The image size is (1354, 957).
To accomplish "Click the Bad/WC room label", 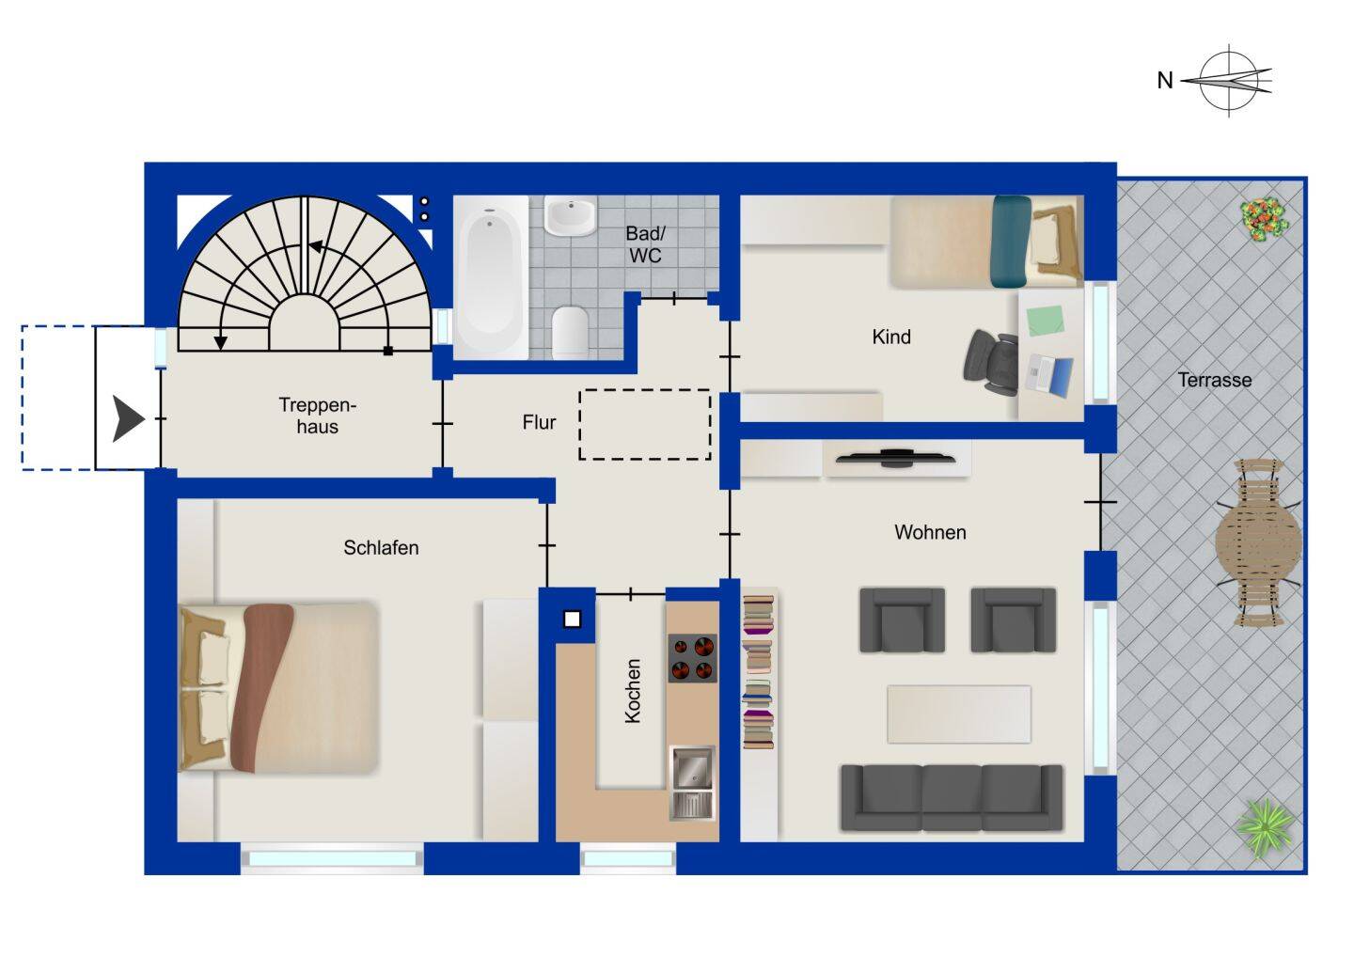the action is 645,244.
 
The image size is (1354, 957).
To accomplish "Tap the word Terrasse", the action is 1215,380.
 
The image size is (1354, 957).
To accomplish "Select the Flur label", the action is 539,422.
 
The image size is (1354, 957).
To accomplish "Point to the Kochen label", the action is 632,691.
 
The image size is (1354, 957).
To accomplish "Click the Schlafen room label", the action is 381,547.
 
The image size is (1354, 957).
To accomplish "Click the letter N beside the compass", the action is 1165,80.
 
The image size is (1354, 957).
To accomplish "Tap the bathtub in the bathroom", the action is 491,276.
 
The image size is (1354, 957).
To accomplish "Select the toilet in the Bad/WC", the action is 570,332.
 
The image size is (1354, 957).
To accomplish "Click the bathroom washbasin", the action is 570,215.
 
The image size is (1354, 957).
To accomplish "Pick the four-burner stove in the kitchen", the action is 692,658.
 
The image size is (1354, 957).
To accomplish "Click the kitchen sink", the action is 693,783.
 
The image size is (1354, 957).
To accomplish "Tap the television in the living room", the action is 896,458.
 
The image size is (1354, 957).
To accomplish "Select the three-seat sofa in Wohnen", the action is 952,797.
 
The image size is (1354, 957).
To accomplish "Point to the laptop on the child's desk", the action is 1049,374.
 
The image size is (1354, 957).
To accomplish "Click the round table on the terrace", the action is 1258,542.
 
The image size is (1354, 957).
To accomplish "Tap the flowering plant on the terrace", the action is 1264,219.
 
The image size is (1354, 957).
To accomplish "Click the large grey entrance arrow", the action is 129,418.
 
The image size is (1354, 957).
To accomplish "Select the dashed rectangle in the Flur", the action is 645,424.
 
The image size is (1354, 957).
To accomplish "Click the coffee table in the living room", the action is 959,714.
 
